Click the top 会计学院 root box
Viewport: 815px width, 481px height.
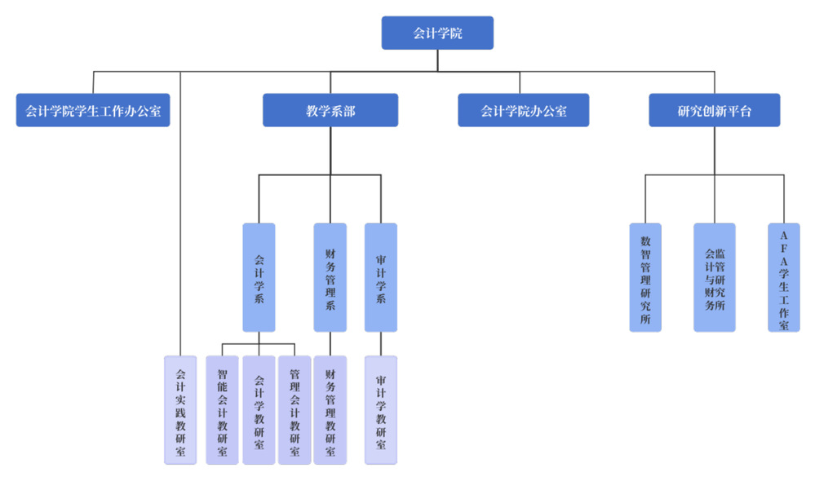coord(437,33)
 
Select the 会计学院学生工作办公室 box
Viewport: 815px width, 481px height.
coord(93,111)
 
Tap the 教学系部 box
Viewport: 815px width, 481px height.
coord(330,111)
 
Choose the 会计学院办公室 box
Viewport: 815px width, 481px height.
coord(523,111)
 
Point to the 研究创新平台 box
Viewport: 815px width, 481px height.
coord(714,111)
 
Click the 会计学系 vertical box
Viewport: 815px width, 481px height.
coord(259,277)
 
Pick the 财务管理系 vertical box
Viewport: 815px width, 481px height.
coord(330,277)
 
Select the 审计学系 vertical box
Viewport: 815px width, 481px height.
coord(380,277)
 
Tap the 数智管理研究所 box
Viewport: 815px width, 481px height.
coord(645,277)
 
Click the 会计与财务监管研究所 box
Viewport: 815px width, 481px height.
coord(714,277)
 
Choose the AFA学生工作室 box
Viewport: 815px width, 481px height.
coord(784,277)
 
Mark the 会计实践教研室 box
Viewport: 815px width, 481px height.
coord(180,409)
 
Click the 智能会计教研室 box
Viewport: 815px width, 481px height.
coord(222,409)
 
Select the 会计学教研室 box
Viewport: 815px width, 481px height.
coord(259,409)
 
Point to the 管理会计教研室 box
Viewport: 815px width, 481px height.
coord(295,409)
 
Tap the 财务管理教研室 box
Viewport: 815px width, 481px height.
coord(330,409)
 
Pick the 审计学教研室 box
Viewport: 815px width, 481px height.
coord(380,409)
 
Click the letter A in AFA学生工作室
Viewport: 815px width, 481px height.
coord(784,236)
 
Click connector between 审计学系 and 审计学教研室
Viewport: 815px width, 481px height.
coord(380,343)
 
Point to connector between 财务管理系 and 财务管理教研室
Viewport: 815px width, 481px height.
coord(330,343)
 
